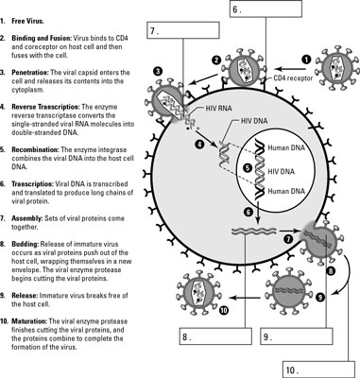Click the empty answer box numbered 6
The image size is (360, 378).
click(266, 9)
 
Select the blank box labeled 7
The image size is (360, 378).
click(183, 30)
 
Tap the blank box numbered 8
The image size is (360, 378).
click(215, 336)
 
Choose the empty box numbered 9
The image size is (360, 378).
click(297, 336)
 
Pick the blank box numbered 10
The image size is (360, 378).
click(319, 369)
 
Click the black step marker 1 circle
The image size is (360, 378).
click(306, 60)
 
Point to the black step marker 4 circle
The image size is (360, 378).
click(199, 145)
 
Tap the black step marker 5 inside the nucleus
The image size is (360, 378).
click(249, 168)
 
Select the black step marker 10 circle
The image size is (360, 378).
click(223, 310)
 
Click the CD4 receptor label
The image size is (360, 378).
click(293, 77)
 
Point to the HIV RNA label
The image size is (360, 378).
click(218, 109)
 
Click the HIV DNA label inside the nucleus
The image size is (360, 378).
click(281, 172)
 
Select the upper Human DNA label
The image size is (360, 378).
click(286, 147)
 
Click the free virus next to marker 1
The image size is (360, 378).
click(337, 68)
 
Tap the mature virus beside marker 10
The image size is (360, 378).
click(198, 293)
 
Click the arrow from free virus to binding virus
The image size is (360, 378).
click(290, 69)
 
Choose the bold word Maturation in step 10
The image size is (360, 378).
click(29, 321)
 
